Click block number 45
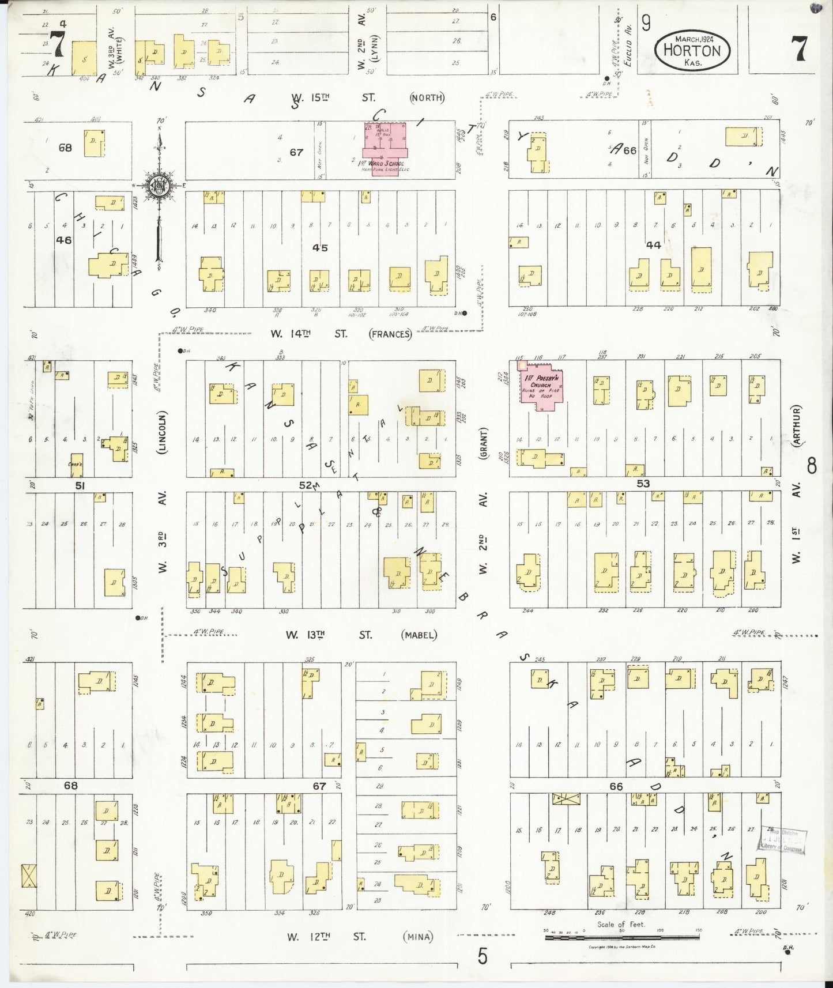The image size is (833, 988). coord(320,247)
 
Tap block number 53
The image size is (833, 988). coord(642,484)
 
